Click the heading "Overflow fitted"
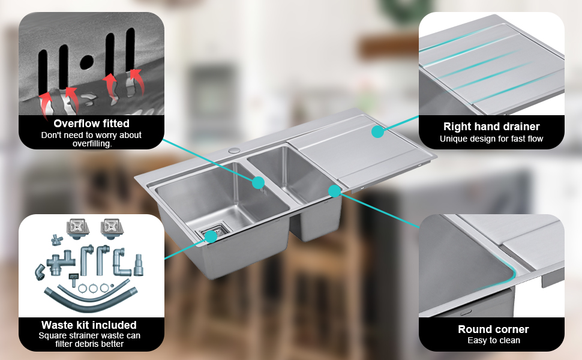[91, 124]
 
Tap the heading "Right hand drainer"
[491, 127]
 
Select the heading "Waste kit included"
[89, 325]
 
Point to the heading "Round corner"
[493, 329]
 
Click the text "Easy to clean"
[494, 340]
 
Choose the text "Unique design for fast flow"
[491, 139]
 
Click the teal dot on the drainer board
[377, 131]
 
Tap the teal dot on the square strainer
[211, 236]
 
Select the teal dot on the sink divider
[259, 182]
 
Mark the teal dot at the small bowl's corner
[334, 191]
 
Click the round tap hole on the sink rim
[234, 151]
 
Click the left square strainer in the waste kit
[78, 228]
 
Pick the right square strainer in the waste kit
[112, 228]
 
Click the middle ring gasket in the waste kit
[93, 289]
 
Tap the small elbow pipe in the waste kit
[40, 272]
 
